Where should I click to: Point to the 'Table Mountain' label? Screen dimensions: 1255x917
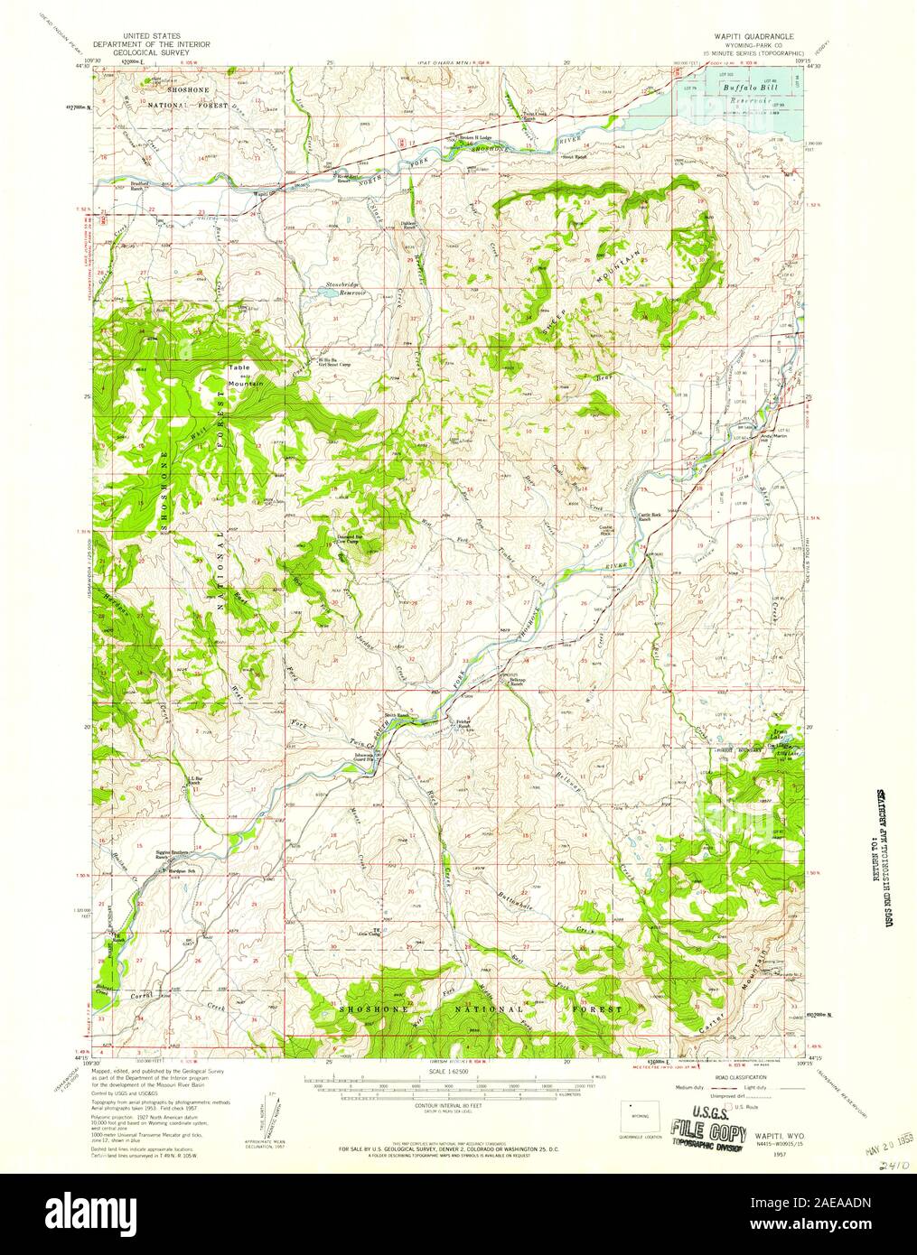click(x=243, y=375)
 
